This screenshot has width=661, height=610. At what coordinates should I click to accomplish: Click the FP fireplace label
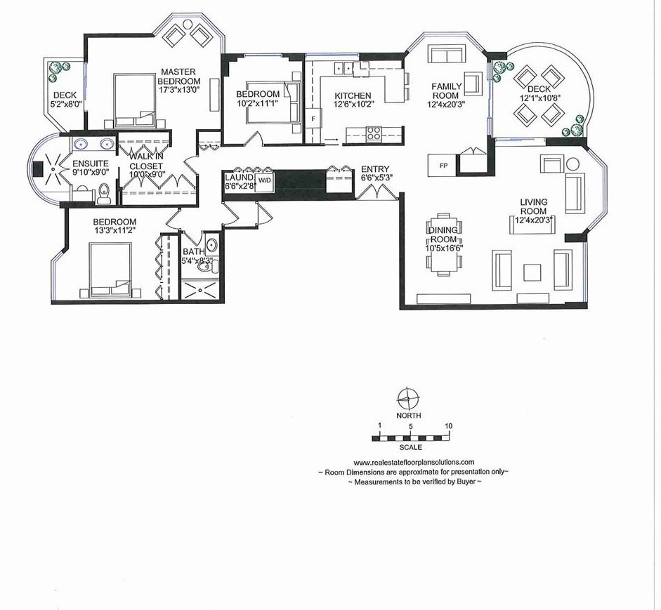tap(443, 166)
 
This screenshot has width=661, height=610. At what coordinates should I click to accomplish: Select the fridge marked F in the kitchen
tap(313, 119)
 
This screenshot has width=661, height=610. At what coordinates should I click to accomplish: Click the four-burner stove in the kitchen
tap(373, 133)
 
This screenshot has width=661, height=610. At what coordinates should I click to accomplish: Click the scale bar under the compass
tap(412, 439)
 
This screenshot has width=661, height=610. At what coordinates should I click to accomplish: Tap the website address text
tap(414, 462)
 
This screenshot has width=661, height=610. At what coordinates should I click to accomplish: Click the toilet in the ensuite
tap(103, 194)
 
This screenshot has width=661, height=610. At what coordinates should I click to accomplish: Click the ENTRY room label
tap(375, 169)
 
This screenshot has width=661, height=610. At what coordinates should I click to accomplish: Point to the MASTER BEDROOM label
tap(178, 77)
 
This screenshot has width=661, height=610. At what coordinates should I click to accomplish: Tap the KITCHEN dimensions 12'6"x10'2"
tap(354, 104)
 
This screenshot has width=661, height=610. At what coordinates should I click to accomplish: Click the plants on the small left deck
tap(58, 71)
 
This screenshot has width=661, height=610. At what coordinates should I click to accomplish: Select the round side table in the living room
tap(572, 164)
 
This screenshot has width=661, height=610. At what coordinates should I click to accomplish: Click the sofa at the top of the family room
tap(447, 53)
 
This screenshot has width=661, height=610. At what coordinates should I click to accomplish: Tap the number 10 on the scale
tap(449, 426)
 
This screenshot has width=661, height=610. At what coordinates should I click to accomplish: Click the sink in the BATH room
tap(211, 244)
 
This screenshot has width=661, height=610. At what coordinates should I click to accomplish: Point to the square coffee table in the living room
tap(532, 272)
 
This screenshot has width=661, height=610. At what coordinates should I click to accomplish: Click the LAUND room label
tap(239, 178)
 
